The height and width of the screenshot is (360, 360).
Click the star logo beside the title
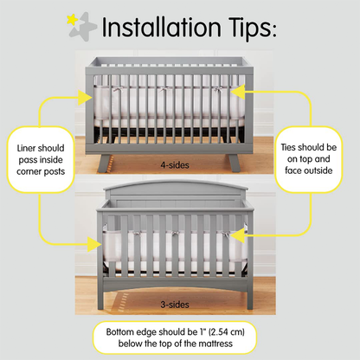pyautogui.click(x=80, y=27)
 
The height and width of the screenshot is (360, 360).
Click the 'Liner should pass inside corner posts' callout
pyautogui.click(x=40, y=161)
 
